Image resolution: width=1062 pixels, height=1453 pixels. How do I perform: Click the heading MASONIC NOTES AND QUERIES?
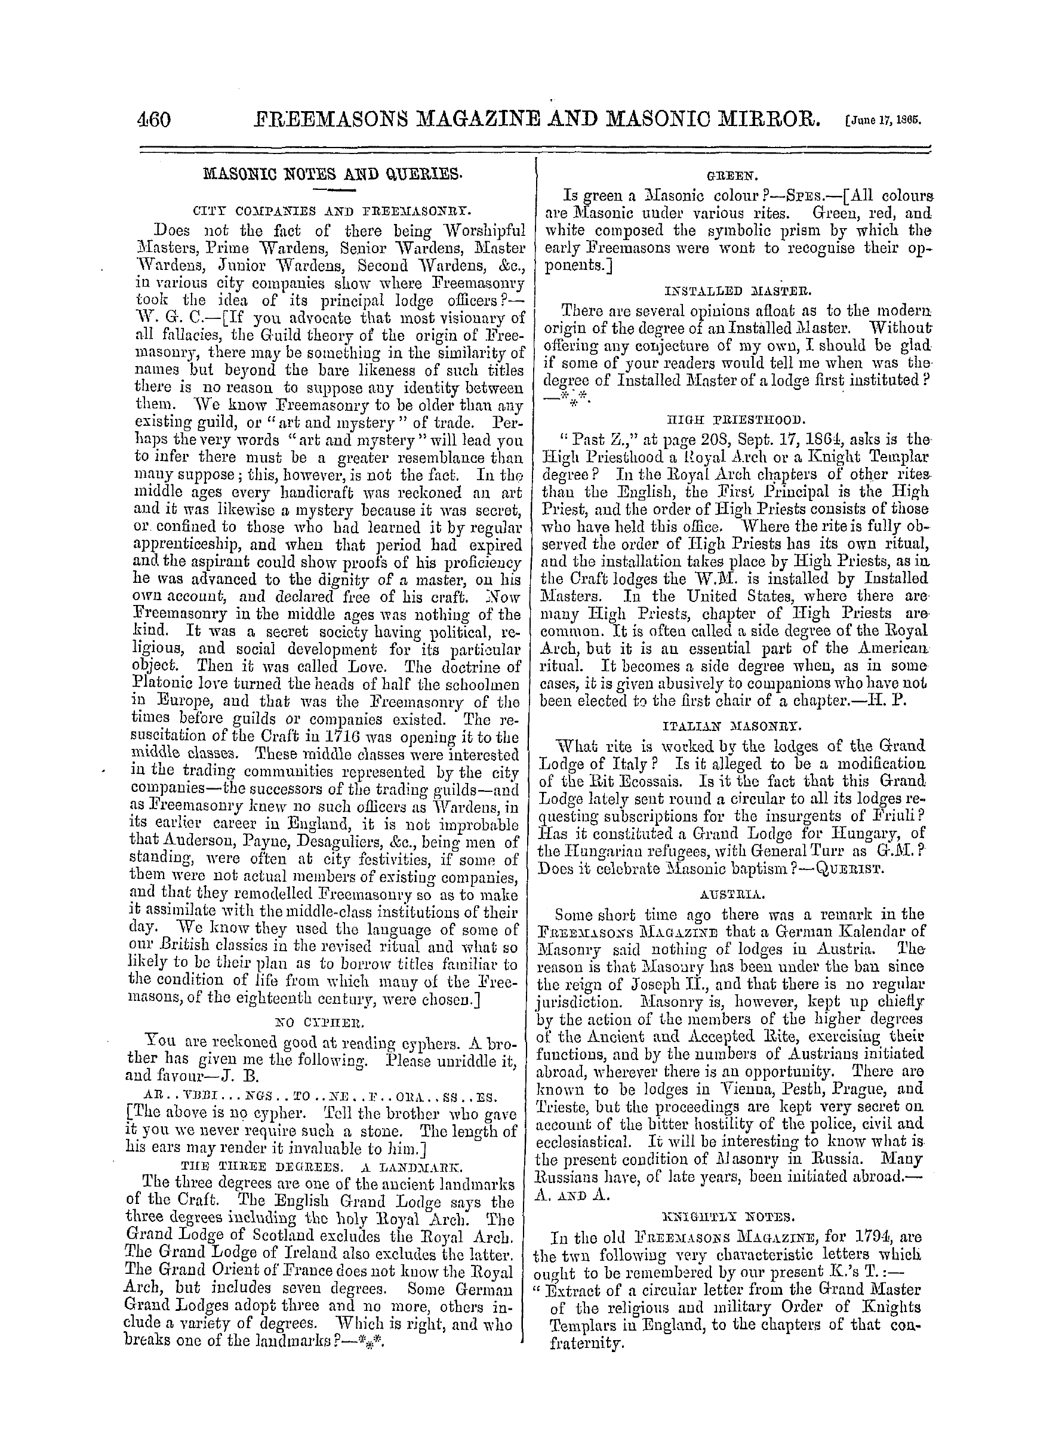tap(333, 174)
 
